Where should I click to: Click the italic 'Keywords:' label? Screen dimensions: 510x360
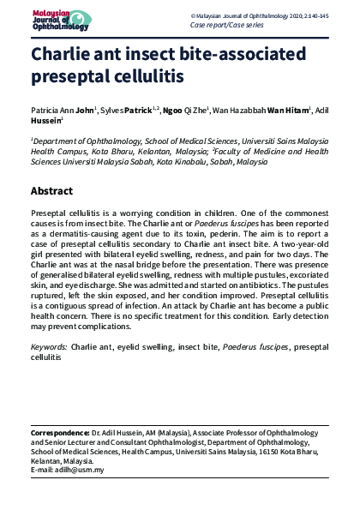[49, 345]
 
